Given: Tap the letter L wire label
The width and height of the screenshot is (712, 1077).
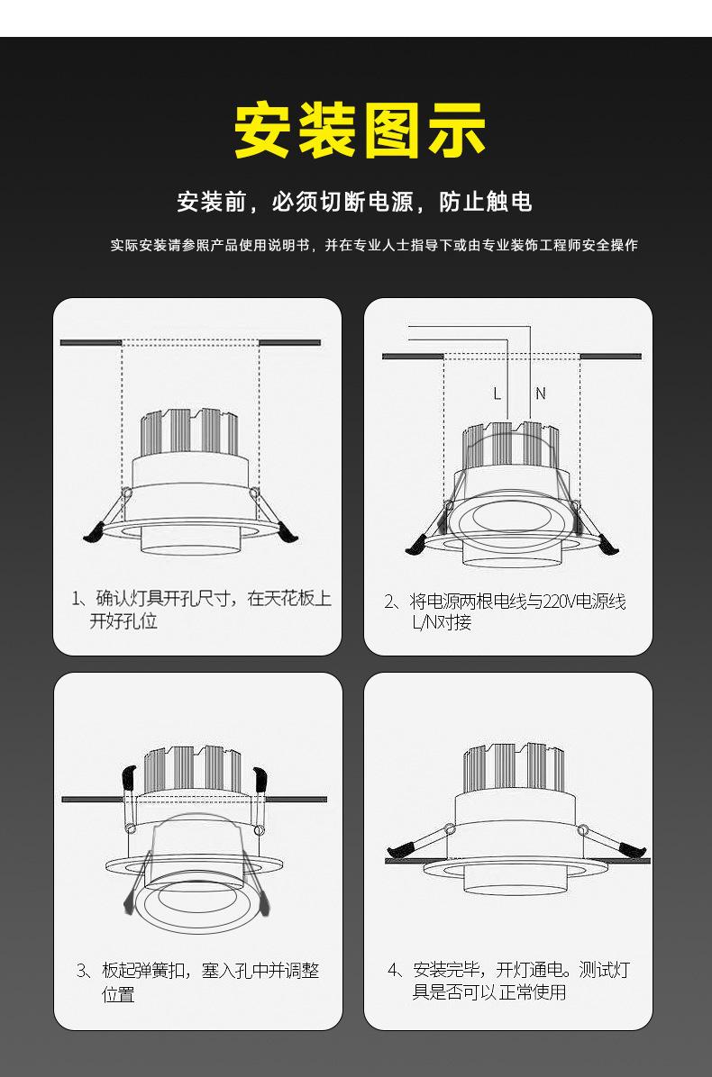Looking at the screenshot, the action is click(497, 394).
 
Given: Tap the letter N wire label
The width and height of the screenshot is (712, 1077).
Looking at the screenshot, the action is click(541, 394).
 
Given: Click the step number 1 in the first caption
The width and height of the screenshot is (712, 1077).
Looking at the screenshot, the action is click(77, 599).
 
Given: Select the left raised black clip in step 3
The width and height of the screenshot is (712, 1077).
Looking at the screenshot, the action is click(128, 775).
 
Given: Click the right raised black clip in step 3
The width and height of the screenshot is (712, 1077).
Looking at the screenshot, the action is click(260, 775).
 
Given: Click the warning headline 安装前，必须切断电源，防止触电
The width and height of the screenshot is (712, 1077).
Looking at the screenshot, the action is click(355, 202).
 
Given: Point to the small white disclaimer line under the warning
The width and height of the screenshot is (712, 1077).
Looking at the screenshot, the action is click(374, 245).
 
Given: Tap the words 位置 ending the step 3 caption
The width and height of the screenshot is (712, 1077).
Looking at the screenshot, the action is click(118, 994).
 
